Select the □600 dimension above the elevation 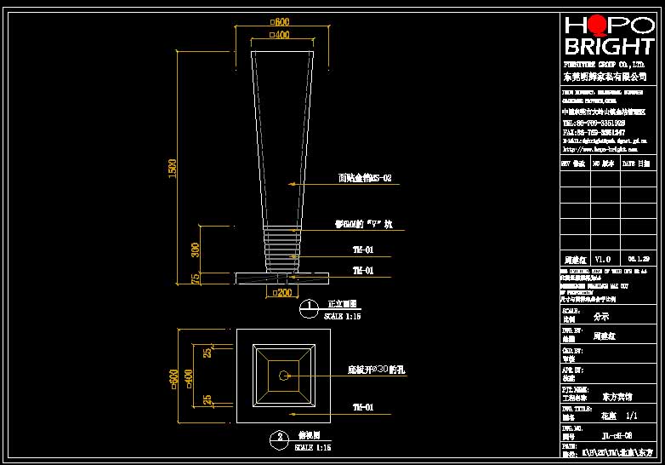pyautogui.click(x=279, y=22)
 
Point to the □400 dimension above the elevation pyautogui.click(x=279, y=35)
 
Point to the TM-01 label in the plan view pyautogui.click(x=363, y=407)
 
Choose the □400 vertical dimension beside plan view pyautogui.click(x=190, y=376)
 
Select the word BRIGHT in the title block pyautogui.click(x=610, y=46)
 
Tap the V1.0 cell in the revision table pyautogui.click(x=602, y=258)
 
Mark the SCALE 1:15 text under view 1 pyautogui.click(x=344, y=316)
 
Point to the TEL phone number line pyautogui.click(x=594, y=123)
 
